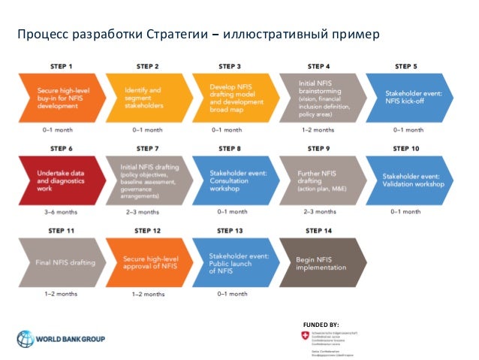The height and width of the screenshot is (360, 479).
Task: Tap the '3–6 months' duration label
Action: point(60,213)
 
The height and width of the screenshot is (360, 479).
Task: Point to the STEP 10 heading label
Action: point(405,149)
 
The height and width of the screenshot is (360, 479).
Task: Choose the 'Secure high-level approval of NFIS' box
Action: point(146,263)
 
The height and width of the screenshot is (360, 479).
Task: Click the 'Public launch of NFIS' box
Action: point(231,263)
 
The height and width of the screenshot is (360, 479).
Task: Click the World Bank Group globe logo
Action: point(27,338)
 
